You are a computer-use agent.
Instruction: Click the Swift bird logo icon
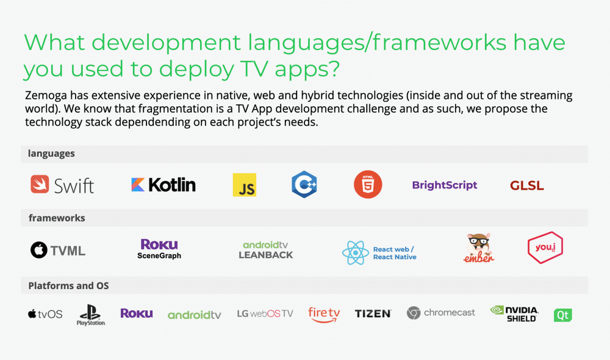(x=40, y=184)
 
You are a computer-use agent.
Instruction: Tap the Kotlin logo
(x=163, y=185)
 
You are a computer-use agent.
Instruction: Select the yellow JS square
(x=245, y=185)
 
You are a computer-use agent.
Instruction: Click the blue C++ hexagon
(x=304, y=184)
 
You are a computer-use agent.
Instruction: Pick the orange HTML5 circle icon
(x=368, y=184)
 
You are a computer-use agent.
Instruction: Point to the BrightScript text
(x=445, y=185)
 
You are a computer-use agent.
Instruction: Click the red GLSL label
(x=527, y=185)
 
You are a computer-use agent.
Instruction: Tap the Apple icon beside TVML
(x=39, y=250)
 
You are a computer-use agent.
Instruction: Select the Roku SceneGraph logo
(x=159, y=249)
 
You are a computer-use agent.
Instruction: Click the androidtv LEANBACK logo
(x=266, y=250)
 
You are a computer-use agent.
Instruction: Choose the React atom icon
(x=355, y=253)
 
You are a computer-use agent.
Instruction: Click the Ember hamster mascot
(x=479, y=248)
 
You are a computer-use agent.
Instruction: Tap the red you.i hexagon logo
(x=545, y=248)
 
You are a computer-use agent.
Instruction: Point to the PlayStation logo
(x=91, y=315)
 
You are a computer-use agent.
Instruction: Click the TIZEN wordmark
(x=373, y=314)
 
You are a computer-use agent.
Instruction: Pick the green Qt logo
(x=563, y=315)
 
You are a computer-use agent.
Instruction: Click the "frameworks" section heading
(x=57, y=218)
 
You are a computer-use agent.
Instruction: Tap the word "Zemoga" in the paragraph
(x=46, y=96)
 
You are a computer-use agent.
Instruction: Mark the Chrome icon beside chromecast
(x=414, y=313)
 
